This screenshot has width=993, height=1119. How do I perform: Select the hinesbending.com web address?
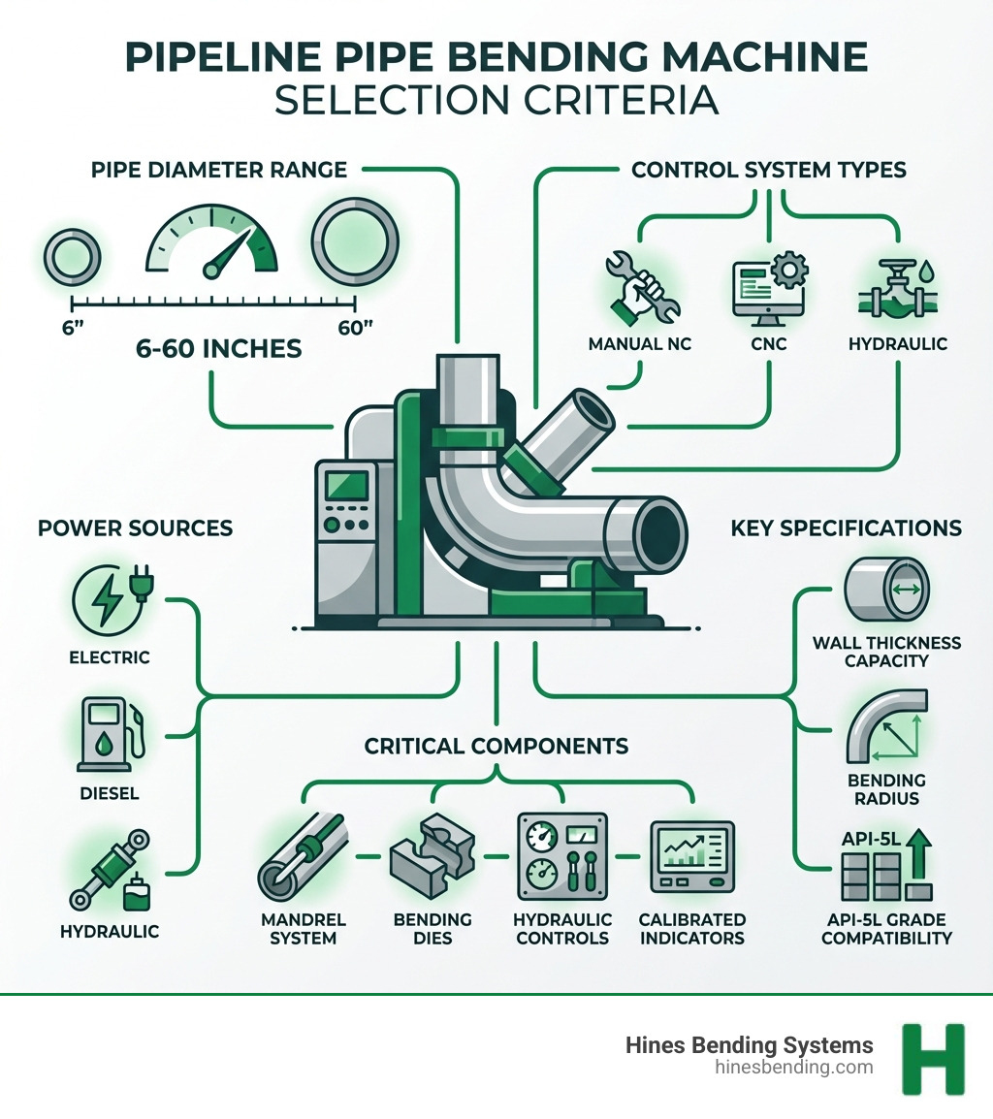(x=793, y=1068)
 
